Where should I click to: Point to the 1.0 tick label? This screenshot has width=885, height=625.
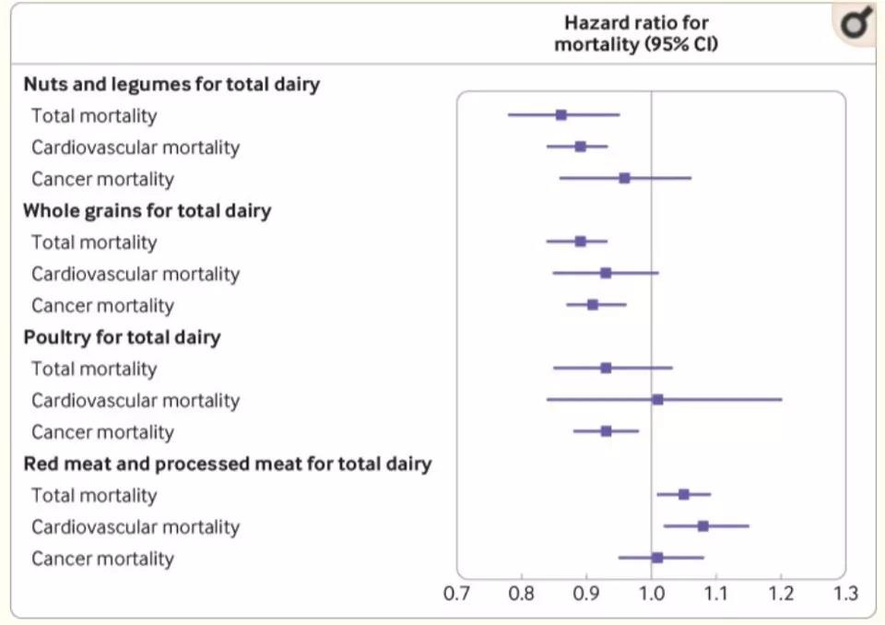[651, 592]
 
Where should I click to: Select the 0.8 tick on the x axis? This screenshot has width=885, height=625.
[522, 592]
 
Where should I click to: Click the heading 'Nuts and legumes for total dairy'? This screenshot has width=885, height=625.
[171, 84]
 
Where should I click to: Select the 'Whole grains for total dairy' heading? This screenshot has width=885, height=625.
[147, 210]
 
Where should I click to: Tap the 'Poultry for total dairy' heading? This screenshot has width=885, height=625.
[122, 336]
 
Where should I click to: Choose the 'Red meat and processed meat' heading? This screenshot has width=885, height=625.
[228, 464]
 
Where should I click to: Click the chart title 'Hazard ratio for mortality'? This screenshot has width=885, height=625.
[636, 34]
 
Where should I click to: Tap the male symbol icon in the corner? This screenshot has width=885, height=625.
[857, 24]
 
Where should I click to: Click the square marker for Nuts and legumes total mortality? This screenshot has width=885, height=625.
[560, 115]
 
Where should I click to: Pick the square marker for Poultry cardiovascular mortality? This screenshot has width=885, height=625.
[657, 399]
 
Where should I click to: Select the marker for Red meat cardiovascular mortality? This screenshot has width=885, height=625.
[702, 526]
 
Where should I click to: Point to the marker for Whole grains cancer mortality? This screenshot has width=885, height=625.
[593, 304]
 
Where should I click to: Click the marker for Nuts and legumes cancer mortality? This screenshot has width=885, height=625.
[625, 178]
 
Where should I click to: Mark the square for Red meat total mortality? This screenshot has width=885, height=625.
[683, 494]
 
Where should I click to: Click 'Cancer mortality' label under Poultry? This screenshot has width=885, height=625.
[102, 432]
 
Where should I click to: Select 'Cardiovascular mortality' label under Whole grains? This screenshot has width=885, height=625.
[136, 274]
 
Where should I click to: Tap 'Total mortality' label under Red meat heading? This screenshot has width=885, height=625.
[94, 496]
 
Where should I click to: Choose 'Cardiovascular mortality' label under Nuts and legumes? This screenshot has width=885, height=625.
[136, 147]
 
